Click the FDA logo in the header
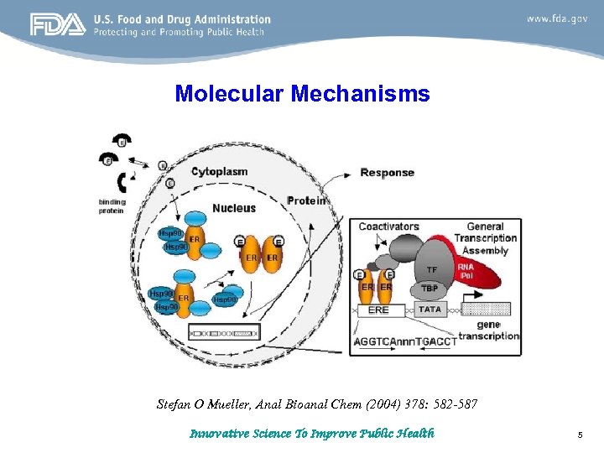(57, 25)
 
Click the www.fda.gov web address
(557, 18)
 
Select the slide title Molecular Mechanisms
(302, 93)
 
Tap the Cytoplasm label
(219, 172)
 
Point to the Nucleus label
(234, 207)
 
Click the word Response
(387, 173)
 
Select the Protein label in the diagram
(307, 200)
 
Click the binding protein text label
(112, 206)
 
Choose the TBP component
(430, 288)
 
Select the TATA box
(430, 310)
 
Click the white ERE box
(378, 310)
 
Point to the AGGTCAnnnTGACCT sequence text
(405, 341)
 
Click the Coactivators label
(388, 226)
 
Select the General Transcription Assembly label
(486, 238)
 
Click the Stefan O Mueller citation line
(317, 404)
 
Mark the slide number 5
(580, 435)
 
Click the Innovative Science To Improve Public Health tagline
(311, 434)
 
